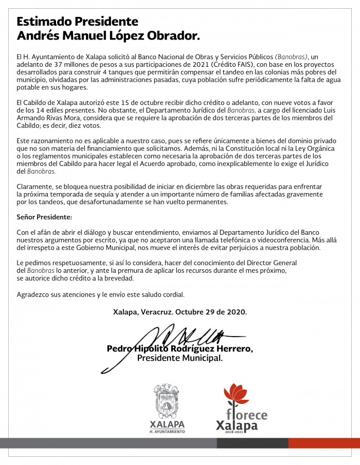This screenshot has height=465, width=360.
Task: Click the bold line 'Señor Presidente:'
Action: click(45, 217)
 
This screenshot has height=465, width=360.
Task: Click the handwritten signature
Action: click(170, 342)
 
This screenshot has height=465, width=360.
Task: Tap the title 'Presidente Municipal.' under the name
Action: click(180, 358)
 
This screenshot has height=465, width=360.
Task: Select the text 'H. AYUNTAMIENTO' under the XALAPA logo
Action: click(167, 432)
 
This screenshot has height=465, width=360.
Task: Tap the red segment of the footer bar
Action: click(324, 443)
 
